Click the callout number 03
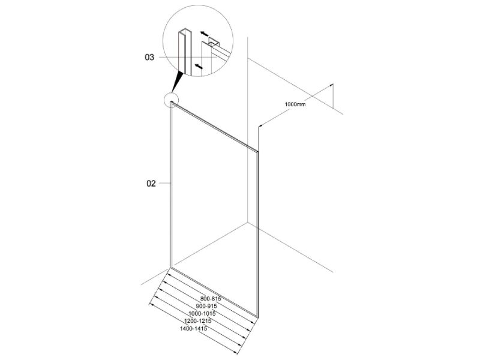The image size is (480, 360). point(149,57)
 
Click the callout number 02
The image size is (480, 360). point(151,184)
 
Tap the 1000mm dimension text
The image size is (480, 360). point(295,104)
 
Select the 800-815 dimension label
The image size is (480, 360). point(211,298)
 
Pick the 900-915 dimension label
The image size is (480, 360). point(206,306)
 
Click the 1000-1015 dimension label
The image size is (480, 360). point(202,313)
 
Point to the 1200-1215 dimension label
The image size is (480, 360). point(198,321)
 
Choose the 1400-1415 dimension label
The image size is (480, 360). point(193,328)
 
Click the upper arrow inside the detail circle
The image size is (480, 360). point(205,34)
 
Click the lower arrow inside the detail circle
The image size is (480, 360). point(199,65)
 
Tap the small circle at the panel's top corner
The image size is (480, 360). point(171,100)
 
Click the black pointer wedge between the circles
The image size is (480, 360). point(177,82)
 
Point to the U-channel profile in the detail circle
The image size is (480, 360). point(185,52)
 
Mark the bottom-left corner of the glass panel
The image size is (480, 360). point(170,268)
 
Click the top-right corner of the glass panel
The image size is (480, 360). point(258,151)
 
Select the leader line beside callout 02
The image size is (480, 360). point(164,183)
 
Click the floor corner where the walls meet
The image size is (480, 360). point(248,223)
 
